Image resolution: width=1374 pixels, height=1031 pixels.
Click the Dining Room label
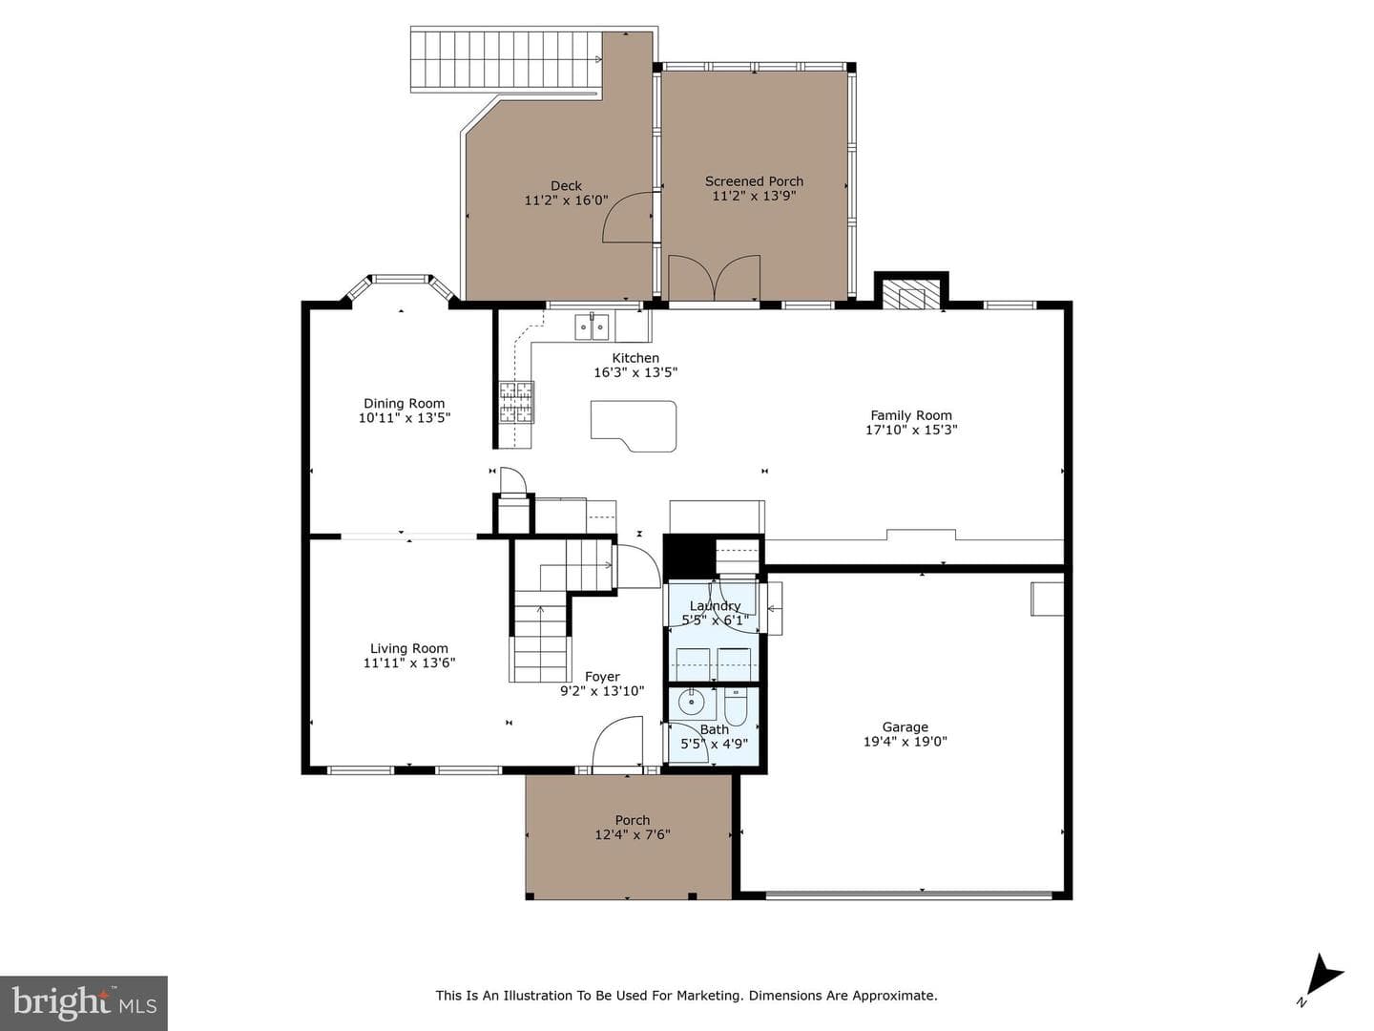(x=404, y=404)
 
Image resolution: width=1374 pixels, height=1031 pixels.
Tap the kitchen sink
(x=592, y=326)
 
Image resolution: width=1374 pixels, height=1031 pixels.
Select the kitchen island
(x=634, y=426)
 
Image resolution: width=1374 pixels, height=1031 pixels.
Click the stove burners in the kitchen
(x=516, y=403)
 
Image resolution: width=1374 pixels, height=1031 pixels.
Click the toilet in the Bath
(x=736, y=706)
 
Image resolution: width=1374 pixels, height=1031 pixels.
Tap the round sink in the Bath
(x=691, y=702)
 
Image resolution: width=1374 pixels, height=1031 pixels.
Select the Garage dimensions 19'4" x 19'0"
(x=906, y=742)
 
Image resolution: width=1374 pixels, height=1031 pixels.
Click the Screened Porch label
(x=755, y=181)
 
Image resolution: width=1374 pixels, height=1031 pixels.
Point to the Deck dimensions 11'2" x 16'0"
(x=566, y=200)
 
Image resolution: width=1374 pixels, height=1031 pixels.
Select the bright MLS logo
(x=84, y=1002)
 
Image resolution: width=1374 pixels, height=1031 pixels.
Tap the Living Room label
(x=408, y=648)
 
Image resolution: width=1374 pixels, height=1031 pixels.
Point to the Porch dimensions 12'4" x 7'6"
(x=633, y=834)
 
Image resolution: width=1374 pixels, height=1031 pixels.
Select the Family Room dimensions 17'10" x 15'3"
(x=911, y=430)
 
